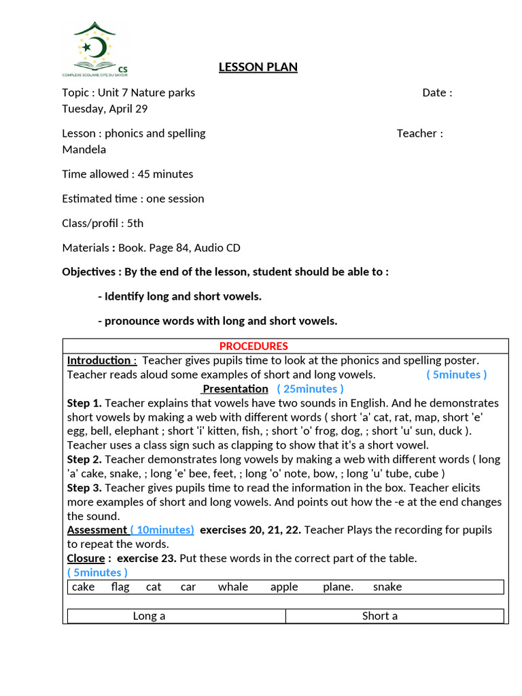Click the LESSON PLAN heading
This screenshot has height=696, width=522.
[x=258, y=67]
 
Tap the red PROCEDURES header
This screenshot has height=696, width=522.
[x=254, y=346]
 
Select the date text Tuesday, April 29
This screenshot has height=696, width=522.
[x=105, y=109]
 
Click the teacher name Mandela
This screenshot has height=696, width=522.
[x=84, y=150]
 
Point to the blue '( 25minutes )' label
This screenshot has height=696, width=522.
[x=310, y=389]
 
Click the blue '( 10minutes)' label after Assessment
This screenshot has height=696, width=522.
[x=162, y=529]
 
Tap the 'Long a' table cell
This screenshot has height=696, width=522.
[x=149, y=616]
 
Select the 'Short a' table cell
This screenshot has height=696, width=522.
[x=380, y=616]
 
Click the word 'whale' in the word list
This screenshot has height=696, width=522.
[x=233, y=587]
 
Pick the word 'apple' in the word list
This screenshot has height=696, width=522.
[x=284, y=587]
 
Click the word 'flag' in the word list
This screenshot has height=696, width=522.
[x=120, y=587]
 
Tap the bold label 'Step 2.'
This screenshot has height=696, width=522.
[x=84, y=459]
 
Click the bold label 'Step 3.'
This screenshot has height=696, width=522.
[x=84, y=487]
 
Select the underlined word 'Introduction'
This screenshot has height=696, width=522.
[x=99, y=360]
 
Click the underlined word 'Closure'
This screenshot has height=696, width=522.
[x=86, y=558]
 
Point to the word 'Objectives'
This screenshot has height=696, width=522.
[x=89, y=272]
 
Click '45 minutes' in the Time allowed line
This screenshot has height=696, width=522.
[x=165, y=174]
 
